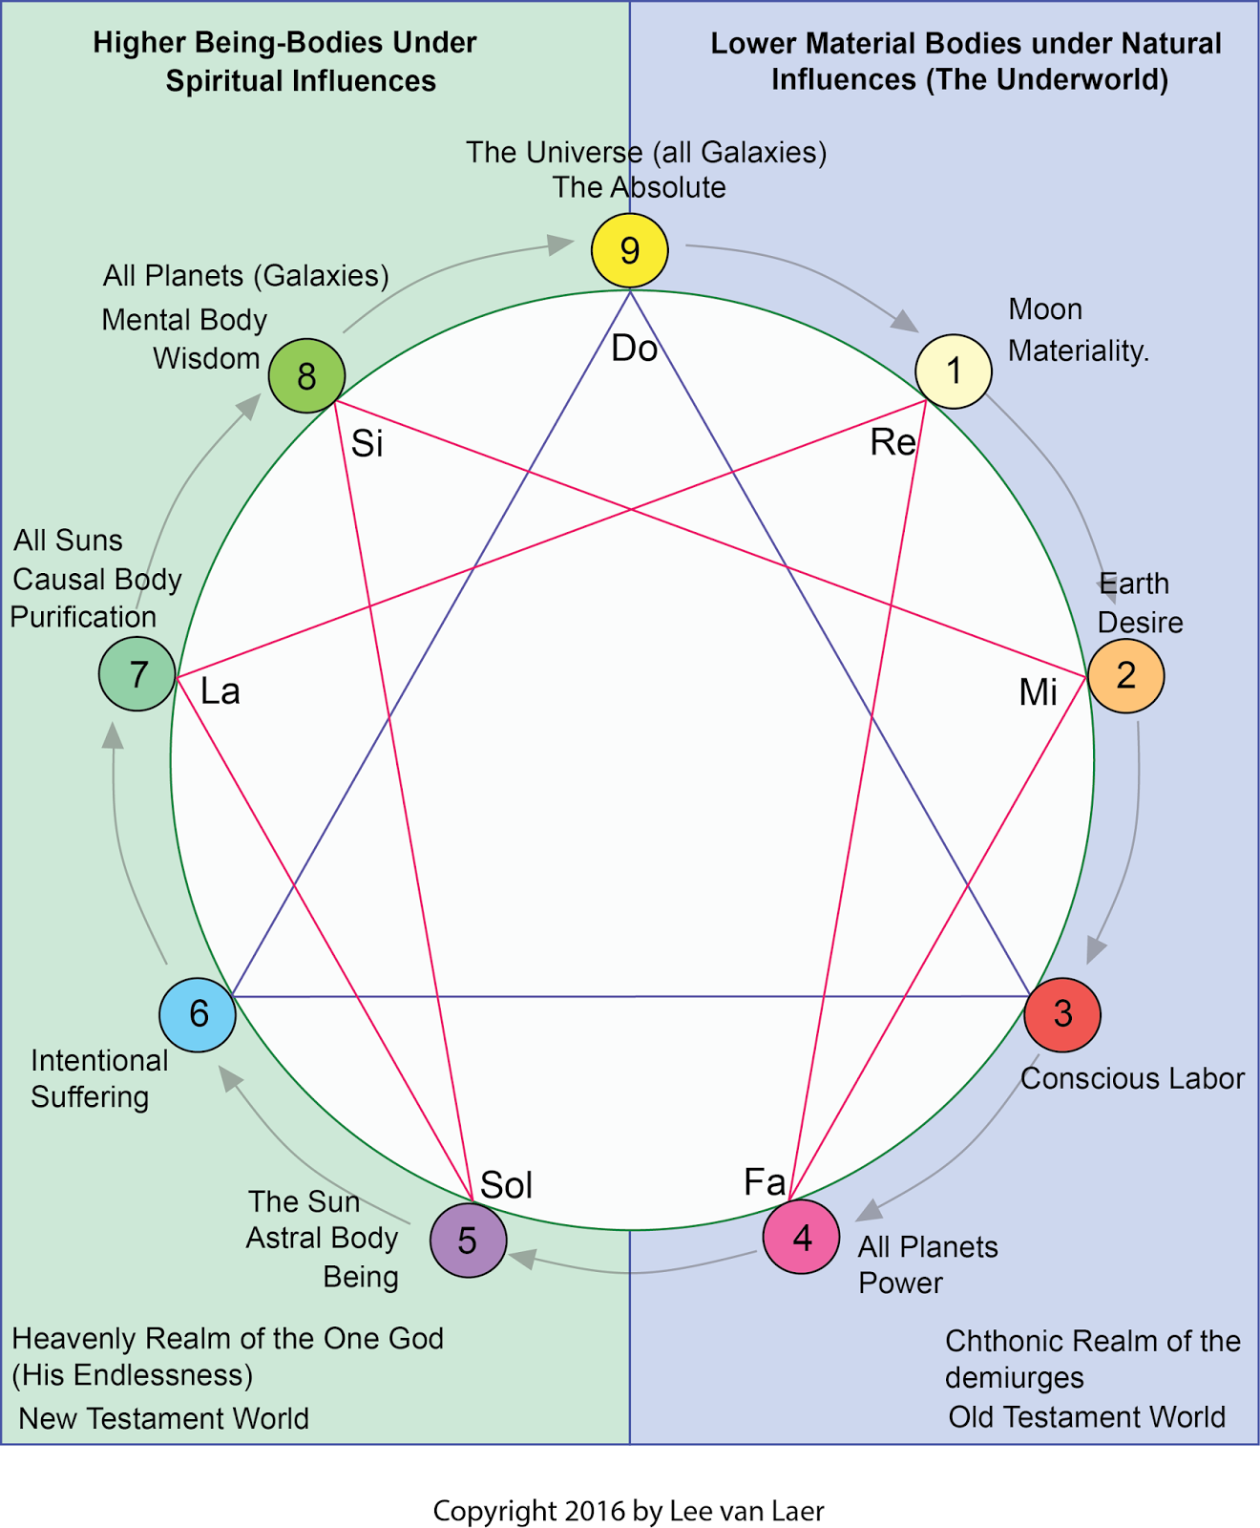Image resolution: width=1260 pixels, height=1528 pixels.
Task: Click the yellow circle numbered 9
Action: [629, 250]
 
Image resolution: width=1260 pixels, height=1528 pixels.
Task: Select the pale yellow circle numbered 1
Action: [953, 371]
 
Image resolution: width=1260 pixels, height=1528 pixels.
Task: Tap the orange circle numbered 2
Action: [1125, 675]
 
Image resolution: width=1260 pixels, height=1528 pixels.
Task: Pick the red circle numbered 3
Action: [1061, 1013]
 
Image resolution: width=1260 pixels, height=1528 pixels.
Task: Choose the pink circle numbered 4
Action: [801, 1238]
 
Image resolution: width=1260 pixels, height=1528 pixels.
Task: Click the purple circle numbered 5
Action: [468, 1241]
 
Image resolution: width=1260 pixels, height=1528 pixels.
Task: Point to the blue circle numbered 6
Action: [198, 1014]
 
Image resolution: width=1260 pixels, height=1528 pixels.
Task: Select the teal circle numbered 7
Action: [137, 674]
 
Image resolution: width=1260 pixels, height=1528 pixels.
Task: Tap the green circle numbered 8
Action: [306, 375]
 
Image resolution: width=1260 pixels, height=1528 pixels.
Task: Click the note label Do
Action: [634, 349]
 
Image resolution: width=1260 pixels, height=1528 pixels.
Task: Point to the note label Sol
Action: [506, 1185]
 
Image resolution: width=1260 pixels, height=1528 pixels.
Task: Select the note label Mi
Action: [1038, 692]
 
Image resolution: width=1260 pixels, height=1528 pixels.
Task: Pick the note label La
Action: [220, 690]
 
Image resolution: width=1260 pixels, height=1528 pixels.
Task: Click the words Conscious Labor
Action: [1132, 1078]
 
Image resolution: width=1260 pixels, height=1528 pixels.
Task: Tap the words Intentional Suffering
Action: [98, 1078]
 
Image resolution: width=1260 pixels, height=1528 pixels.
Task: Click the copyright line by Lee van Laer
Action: [628, 1511]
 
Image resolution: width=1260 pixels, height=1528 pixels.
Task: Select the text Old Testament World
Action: [1086, 1416]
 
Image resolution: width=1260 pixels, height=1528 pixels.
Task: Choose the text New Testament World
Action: [164, 1418]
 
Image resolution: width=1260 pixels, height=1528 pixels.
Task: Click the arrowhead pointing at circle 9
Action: [561, 244]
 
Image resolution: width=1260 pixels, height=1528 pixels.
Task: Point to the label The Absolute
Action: [639, 187]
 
